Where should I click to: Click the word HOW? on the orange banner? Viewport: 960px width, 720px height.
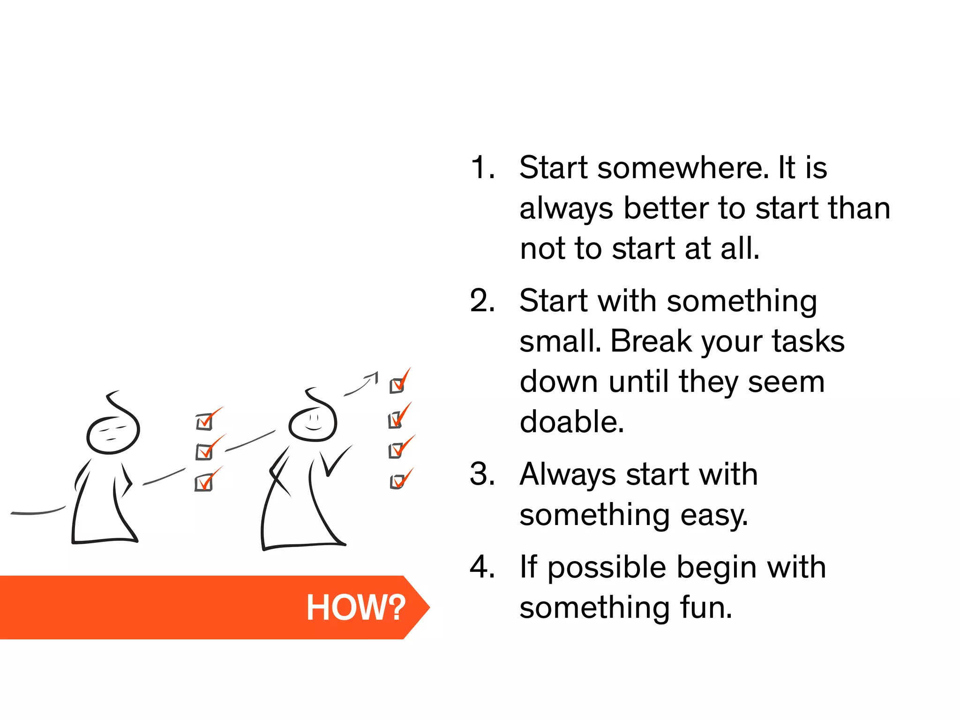coord(356,607)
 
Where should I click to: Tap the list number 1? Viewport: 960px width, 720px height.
coord(482,167)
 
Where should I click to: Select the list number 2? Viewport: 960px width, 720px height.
coord(482,300)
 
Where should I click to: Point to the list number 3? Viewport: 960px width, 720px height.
coord(482,474)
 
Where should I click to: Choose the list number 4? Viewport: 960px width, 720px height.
coord(482,567)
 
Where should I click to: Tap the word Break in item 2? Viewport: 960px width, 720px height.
coord(651,341)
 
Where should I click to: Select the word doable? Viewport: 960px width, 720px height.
coord(572,421)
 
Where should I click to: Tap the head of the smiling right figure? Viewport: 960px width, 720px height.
coord(313,421)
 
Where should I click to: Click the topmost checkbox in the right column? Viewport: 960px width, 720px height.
coord(397,386)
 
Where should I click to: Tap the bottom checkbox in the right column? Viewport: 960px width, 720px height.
coord(397,481)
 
